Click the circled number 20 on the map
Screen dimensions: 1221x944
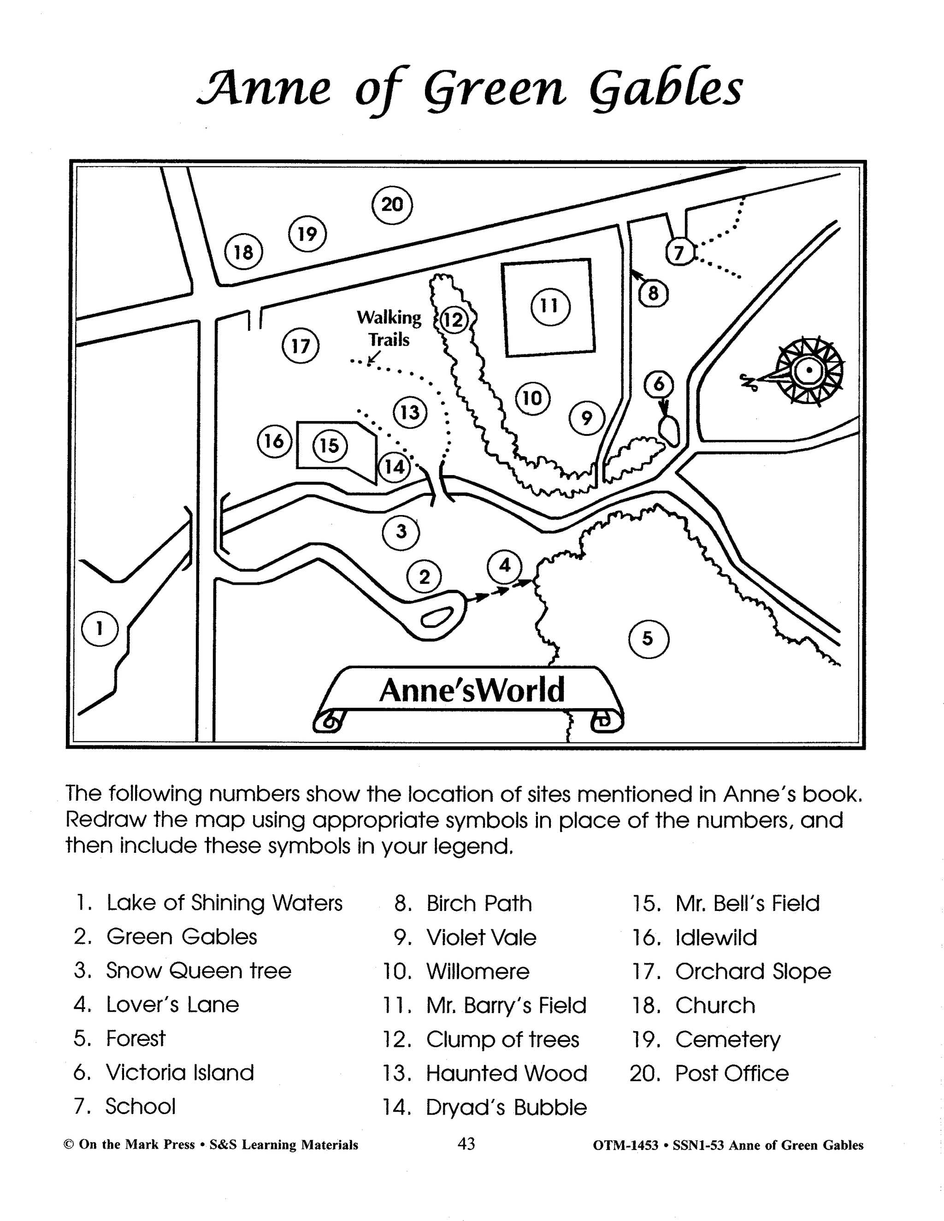(392, 205)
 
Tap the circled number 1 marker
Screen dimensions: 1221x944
(100, 629)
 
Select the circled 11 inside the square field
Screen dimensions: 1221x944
(550, 306)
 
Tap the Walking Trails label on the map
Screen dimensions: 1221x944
(389, 329)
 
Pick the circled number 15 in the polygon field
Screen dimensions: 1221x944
(330, 446)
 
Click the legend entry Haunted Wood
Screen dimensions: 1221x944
(506, 1074)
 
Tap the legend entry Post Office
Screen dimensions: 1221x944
(732, 1074)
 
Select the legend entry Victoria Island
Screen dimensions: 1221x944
(179, 1073)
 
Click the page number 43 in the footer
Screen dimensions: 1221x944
(466, 1144)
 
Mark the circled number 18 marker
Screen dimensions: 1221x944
(243, 252)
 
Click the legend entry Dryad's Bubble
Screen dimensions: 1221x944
(506, 1108)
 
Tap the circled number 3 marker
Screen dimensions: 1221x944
(401, 531)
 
